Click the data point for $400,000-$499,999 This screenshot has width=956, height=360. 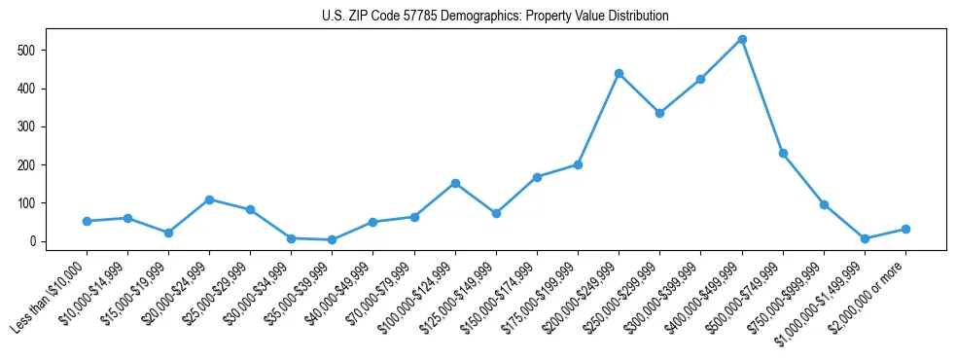click(742, 39)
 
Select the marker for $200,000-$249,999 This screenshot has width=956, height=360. click(619, 73)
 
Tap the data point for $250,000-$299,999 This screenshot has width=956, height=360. click(659, 113)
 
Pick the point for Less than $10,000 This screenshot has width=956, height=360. click(87, 221)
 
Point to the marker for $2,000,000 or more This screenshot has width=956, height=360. click(905, 229)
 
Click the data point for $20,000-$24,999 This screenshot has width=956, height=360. click(209, 199)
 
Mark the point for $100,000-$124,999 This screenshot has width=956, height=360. click(455, 183)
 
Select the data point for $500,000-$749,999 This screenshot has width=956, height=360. click(783, 153)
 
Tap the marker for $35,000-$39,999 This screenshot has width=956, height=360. click(333, 239)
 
